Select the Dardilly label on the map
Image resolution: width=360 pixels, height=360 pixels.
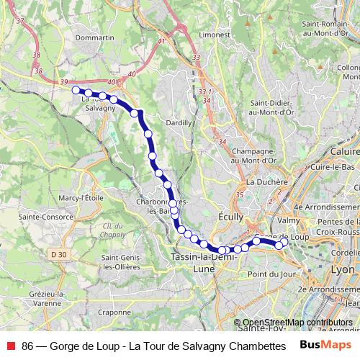pos(179,123)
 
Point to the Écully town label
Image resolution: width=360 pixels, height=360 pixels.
pos(231,216)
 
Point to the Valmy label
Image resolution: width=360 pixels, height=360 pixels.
pos(287,220)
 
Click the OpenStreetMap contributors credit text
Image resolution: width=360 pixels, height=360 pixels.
pos(297,323)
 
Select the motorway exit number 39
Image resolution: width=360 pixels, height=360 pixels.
pos(64,83)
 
